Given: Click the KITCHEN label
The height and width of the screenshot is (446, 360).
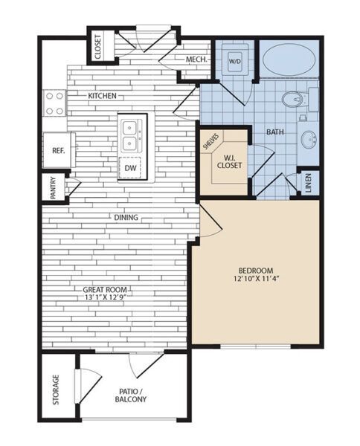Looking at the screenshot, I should (103, 96).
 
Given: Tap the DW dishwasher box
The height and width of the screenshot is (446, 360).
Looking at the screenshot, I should (131, 169).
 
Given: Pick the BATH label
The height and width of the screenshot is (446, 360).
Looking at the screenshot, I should (275, 132).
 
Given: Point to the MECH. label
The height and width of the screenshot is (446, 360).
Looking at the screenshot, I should (196, 59).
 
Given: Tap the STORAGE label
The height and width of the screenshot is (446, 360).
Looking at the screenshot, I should (57, 390).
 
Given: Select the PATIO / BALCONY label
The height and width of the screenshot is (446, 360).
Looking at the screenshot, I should (132, 395).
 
